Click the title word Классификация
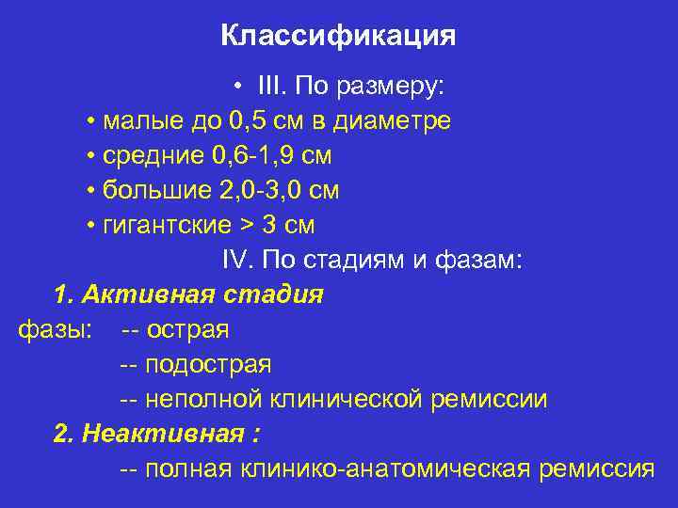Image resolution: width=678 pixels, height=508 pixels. point(338,36)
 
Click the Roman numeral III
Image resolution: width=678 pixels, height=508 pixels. point(273,87)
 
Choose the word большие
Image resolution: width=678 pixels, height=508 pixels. point(154,191)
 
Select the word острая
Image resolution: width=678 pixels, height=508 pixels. point(187,330)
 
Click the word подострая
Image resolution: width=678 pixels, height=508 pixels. point(208,365)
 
